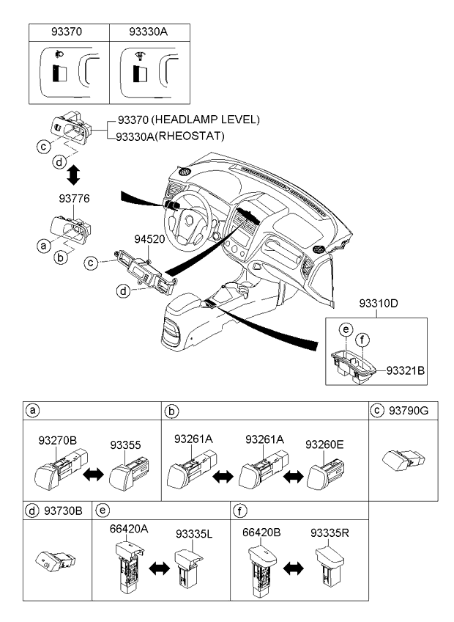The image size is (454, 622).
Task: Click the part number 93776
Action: [x=74, y=198]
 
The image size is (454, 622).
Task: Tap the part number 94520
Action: [x=149, y=239]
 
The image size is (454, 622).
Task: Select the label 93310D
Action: [x=379, y=304]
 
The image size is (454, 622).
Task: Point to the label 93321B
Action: [x=405, y=370]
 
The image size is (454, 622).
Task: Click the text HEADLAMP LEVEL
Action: [x=206, y=120]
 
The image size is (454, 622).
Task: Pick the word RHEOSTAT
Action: [x=190, y=136]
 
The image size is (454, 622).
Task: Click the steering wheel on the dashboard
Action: [x=190, y=223]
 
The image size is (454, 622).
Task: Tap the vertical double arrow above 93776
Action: [x=73, y=175]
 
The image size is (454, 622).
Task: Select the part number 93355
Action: [x=125, y=445]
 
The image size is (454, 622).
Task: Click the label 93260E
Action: [x=324, y=444]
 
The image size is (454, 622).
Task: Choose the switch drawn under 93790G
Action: [x=403, y=460]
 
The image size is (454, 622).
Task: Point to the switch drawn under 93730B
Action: [x=55, y=561]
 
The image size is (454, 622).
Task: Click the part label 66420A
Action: [x=129, y=529]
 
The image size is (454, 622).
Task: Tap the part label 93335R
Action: [x=330, y=533]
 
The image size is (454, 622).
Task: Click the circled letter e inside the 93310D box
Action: [x=346, y=329]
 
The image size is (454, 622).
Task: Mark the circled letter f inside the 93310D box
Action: [x=362, y=340]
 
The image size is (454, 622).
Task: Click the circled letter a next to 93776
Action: [x=44, y=246]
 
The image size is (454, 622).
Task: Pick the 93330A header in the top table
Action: [x=148, y=32]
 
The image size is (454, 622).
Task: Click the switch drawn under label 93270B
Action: [x=61, y=469]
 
